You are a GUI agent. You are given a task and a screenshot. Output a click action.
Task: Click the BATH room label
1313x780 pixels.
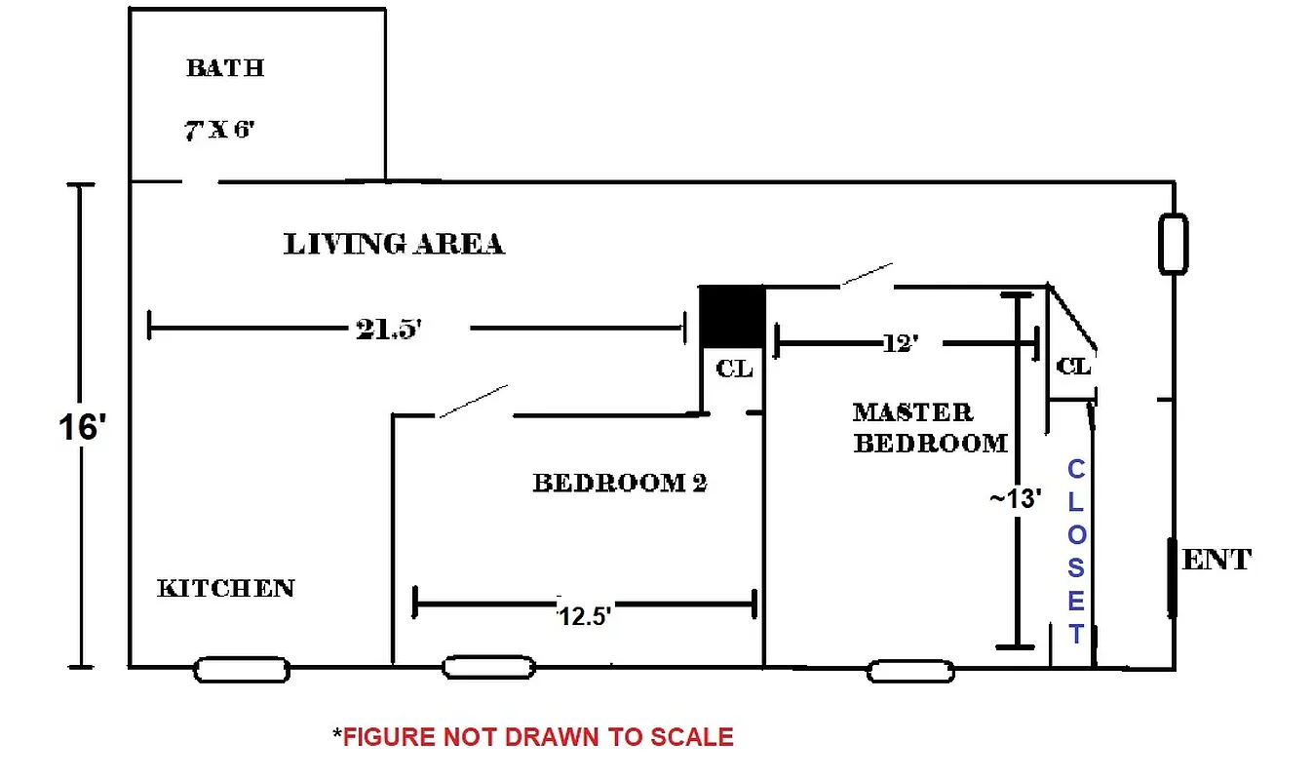point(225,68)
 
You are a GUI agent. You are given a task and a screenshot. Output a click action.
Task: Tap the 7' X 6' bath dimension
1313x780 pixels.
point(220,130)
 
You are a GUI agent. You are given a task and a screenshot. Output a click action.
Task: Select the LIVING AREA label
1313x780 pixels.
point(394,244)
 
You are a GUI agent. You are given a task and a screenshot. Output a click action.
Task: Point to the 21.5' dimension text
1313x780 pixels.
point(387,329)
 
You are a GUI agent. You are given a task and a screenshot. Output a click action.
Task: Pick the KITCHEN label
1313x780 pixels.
point(226,588)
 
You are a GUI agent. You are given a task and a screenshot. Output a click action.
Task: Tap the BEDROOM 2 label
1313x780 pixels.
point(619,483)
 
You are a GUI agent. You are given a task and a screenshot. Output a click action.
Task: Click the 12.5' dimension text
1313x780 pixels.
point(584,616)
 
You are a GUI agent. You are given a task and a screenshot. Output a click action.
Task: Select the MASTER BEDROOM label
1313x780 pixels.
point(930,428)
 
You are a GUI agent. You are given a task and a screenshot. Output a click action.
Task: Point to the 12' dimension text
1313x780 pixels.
point(901,343)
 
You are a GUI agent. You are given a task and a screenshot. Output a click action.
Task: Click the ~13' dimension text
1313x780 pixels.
point(1016,498)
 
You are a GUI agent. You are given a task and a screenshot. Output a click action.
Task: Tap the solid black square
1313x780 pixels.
point(731,316)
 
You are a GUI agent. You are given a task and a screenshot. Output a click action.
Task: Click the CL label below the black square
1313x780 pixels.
point(734,369)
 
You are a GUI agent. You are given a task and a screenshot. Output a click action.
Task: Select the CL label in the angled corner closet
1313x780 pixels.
point(1073,367)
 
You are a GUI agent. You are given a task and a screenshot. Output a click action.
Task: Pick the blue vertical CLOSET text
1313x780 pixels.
point(1075,551)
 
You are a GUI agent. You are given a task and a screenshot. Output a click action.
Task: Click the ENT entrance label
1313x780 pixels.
point(1216,561)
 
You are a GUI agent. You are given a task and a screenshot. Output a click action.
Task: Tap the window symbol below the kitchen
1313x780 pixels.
point(242,670)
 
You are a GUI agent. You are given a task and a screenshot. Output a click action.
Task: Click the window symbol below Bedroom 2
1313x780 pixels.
point(488,668)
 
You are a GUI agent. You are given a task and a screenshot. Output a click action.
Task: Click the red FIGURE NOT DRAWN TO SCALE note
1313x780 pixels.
point(533,737)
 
